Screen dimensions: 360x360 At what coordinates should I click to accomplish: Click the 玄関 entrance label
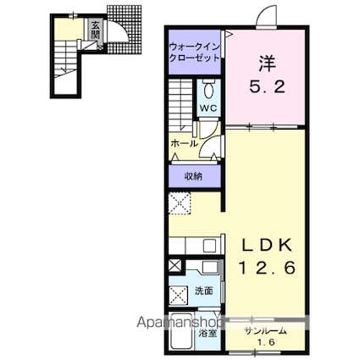point(96,30)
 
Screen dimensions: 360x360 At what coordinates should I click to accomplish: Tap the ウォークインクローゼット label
point(194,52)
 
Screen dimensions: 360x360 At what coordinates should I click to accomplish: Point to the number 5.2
point(267,86)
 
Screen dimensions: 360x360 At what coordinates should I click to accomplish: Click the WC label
point(208,108)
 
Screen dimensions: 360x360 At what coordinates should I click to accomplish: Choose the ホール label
point(184,144)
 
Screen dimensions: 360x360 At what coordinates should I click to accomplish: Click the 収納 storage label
point(193,176)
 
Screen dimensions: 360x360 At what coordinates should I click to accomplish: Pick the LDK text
point(267,246)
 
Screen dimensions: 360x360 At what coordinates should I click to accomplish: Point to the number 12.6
point(267,267)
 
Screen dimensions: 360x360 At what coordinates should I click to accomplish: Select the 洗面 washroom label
point(204,291)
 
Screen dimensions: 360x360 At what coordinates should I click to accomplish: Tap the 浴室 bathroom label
point(208,334)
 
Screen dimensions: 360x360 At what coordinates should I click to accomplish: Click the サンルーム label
point(266,331)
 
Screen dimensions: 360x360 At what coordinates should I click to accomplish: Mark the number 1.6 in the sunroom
point(265,343)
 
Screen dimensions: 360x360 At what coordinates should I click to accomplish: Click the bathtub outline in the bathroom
point(182,331)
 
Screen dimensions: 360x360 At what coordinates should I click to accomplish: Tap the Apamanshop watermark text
point(180,323)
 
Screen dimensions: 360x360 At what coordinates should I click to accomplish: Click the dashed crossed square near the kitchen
point(180,203)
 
